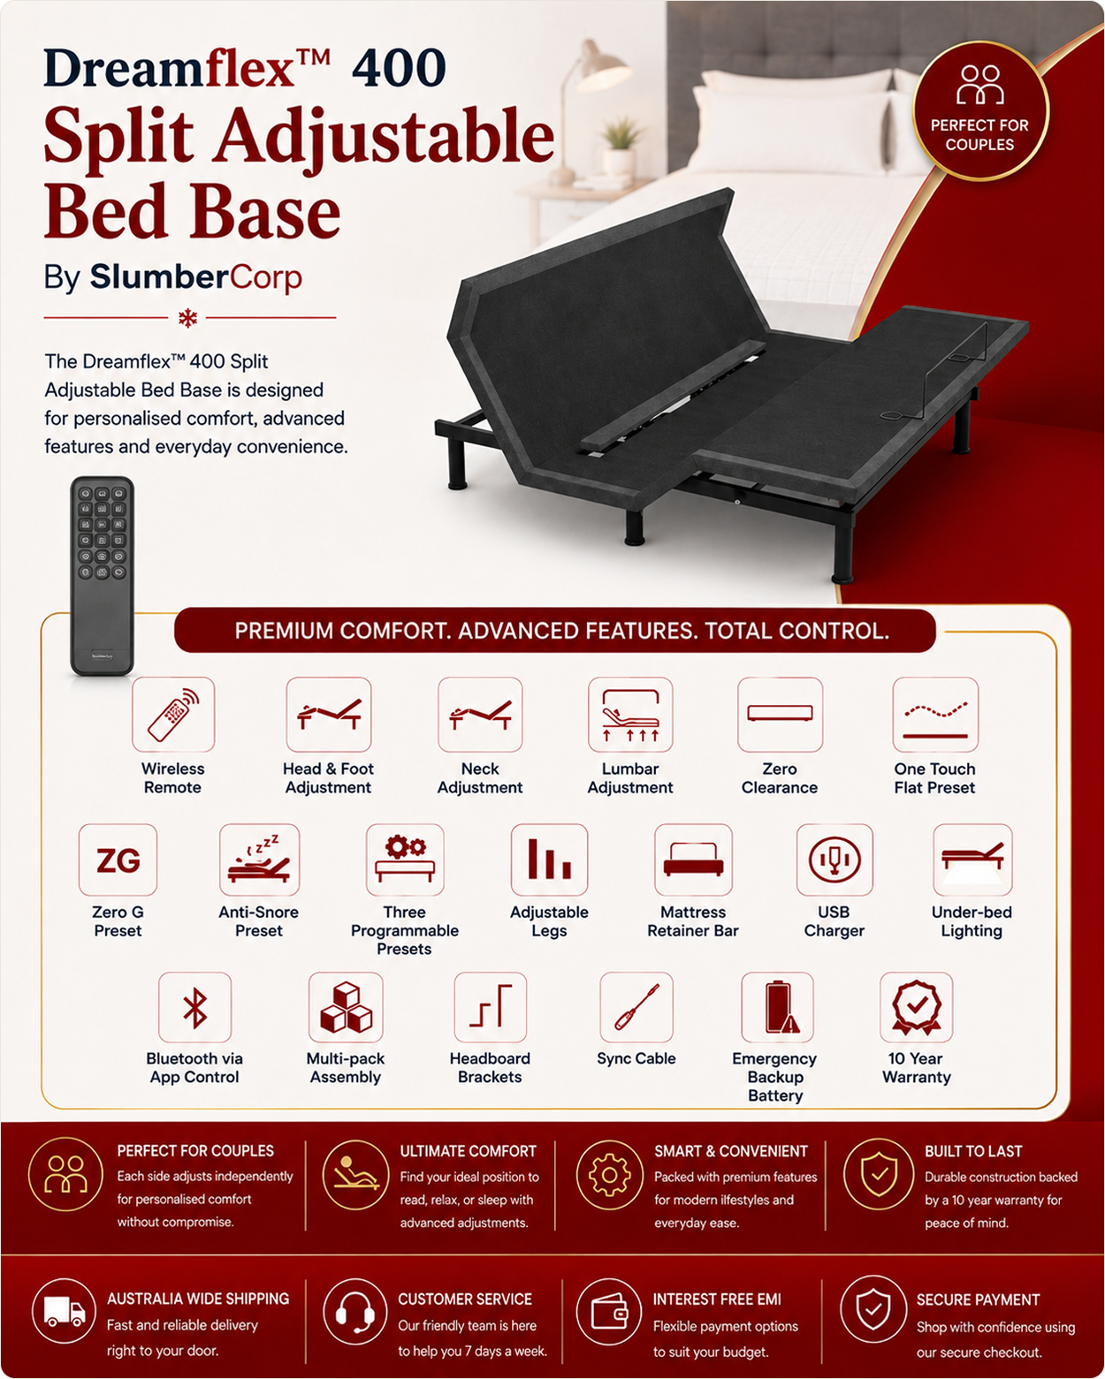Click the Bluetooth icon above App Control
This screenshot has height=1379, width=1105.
[x=195, y=1007]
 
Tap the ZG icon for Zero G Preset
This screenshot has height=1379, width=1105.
[x=118, y=860]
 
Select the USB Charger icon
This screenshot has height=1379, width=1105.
[x=834, y=860]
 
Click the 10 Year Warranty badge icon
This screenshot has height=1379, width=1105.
[x=917, y=1007]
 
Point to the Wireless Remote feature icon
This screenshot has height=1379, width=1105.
[x=173, y=715]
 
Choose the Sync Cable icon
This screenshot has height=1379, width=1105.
[x=636, y=1007]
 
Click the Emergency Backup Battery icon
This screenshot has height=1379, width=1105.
[x=777, y=1007]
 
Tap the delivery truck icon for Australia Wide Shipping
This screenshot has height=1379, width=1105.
[x=65, y=1311]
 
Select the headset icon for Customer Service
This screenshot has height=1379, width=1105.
[x=355, y=1311]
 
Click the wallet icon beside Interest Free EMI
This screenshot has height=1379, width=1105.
[x=608, y=1311]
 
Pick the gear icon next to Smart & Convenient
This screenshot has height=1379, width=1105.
[x=608, y=1175]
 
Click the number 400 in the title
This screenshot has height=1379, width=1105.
[x=399, y=67]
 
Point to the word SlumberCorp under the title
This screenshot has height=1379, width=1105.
[x=195, y=277]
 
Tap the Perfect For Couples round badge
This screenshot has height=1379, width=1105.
[x=980, y=110]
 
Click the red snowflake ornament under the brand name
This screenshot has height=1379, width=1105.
[x=188, y=318]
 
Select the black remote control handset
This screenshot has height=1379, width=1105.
[x=102, y=575]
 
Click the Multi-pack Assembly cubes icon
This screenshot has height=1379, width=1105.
[x=346, y=1007]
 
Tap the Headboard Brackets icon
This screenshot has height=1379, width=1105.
[x=491, y=1007]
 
